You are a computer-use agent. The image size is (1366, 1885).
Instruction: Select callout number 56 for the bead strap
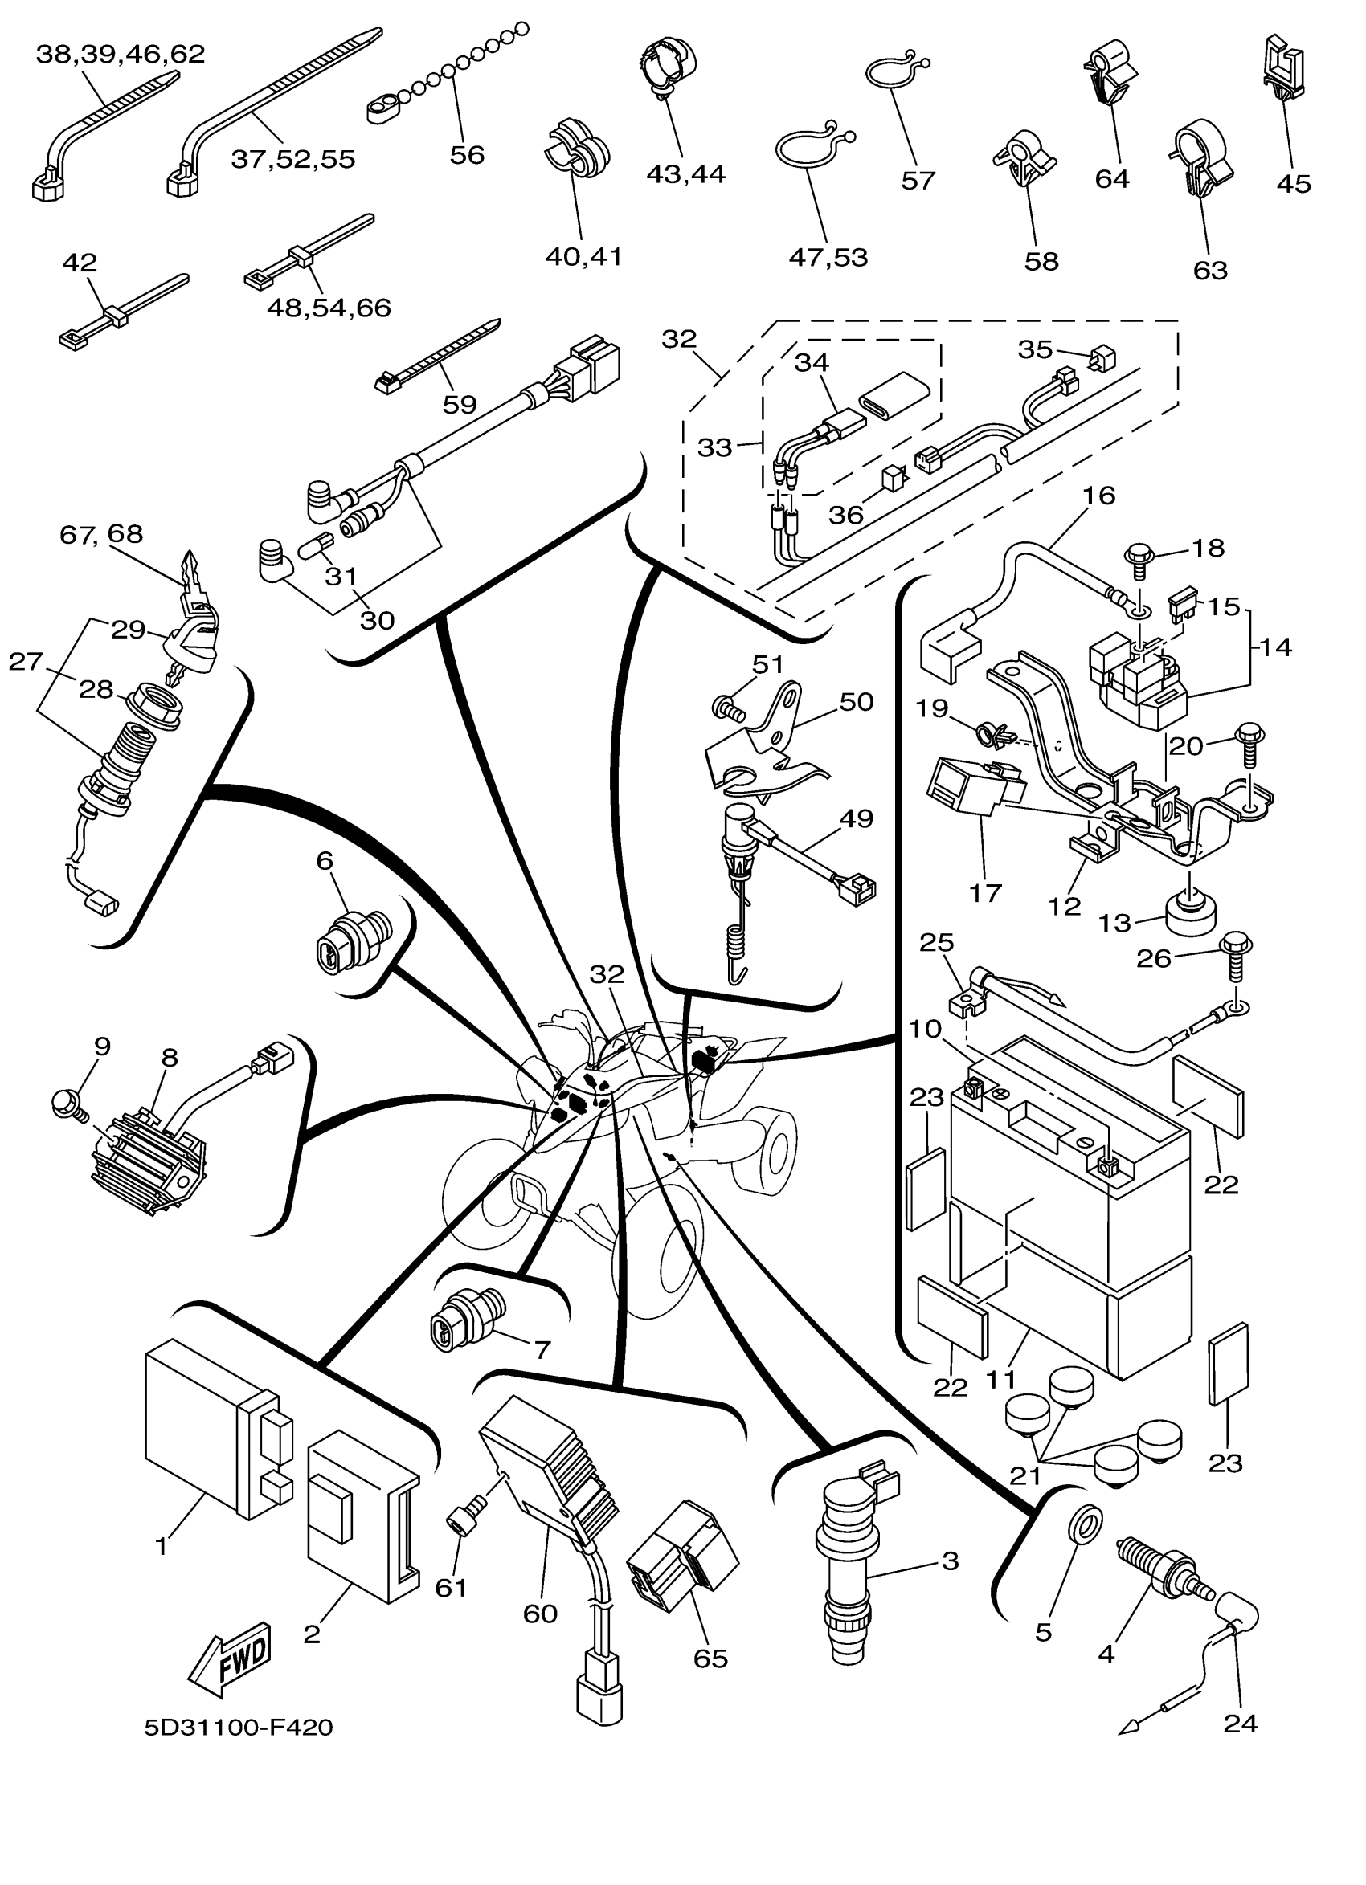[466, 154]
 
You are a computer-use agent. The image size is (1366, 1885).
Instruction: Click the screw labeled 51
[727, 708]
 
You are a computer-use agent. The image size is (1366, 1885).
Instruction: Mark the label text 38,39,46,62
[121, 54]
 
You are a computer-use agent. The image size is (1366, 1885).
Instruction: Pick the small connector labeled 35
[1103, 358]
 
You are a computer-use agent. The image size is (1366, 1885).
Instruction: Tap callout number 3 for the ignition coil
[951, 1561]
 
